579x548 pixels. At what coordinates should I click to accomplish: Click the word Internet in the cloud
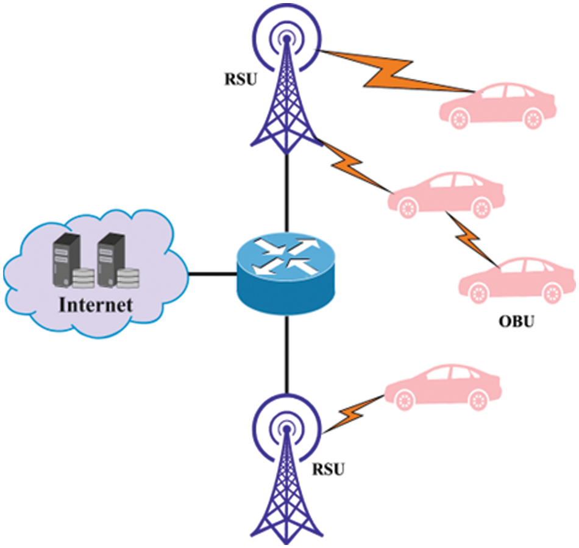[95, 304]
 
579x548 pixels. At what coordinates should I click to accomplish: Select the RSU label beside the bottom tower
[329, 469]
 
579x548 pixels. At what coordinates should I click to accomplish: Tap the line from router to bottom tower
[286, 354]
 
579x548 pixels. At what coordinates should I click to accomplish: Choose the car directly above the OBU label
[518, 280]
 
